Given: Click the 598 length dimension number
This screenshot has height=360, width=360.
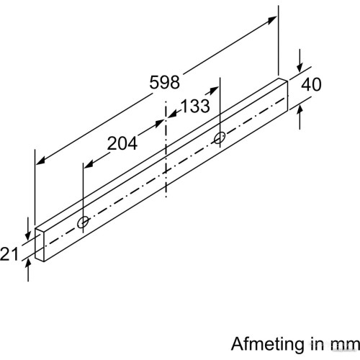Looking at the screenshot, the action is click(x=164, y=82).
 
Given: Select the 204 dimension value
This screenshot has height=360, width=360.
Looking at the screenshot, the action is click(x=122, y=143).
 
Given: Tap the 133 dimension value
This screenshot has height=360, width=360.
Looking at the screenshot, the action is click(x=195, y=106).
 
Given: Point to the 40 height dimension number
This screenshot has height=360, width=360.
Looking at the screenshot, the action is click(x=311, y=84).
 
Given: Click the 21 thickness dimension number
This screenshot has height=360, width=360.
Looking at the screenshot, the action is click(x=9, y=254).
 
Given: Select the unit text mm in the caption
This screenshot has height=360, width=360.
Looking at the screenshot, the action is click(x=348, y=345).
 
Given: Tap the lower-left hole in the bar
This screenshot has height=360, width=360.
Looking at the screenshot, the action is click(x=83, y=222).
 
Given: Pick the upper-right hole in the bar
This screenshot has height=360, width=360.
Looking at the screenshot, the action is click(x=220, y=138).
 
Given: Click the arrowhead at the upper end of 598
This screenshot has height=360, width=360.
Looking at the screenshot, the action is click(x=273, y=19).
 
